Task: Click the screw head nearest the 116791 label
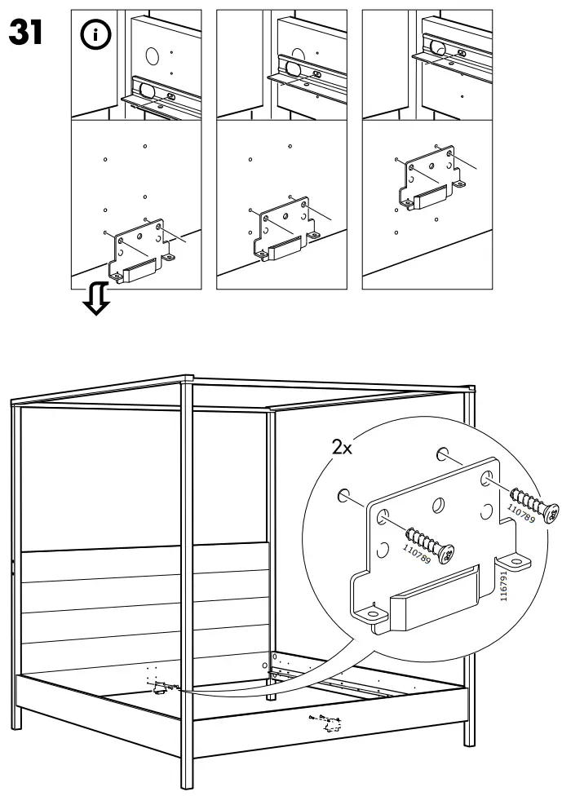(x=552, y=512)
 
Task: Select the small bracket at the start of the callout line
(x=159, y=689)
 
